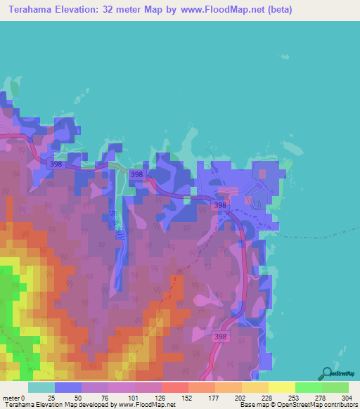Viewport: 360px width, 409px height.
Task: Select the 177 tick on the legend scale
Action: point(214,398)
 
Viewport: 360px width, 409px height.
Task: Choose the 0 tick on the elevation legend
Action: point(23,398)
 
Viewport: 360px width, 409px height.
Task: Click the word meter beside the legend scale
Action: point(11,398)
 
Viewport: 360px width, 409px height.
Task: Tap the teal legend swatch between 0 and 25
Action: point(41,387)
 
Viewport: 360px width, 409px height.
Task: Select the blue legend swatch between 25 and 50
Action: point(67,387)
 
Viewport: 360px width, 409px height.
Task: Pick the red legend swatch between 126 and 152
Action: point(174,387)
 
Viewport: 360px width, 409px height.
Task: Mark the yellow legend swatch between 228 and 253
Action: point(281,387)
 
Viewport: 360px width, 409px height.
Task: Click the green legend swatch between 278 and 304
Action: point(335,387)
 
